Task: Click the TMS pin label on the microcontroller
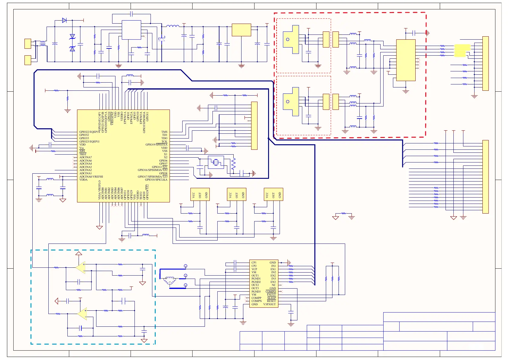164,132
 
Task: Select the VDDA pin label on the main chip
83,180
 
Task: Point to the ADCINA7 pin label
86,157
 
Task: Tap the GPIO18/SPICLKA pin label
156,180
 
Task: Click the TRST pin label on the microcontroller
83,154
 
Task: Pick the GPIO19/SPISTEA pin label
156,145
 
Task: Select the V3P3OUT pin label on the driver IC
269,304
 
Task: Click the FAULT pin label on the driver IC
271,295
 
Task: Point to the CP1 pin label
254,263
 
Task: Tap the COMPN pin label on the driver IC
257,301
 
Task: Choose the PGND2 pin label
256,282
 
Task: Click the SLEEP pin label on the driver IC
271,298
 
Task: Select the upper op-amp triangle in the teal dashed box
81,267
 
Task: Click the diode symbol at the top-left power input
64,20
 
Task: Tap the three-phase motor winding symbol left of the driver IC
170,280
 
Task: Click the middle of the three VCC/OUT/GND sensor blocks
237,195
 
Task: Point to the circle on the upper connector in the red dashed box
288,40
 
